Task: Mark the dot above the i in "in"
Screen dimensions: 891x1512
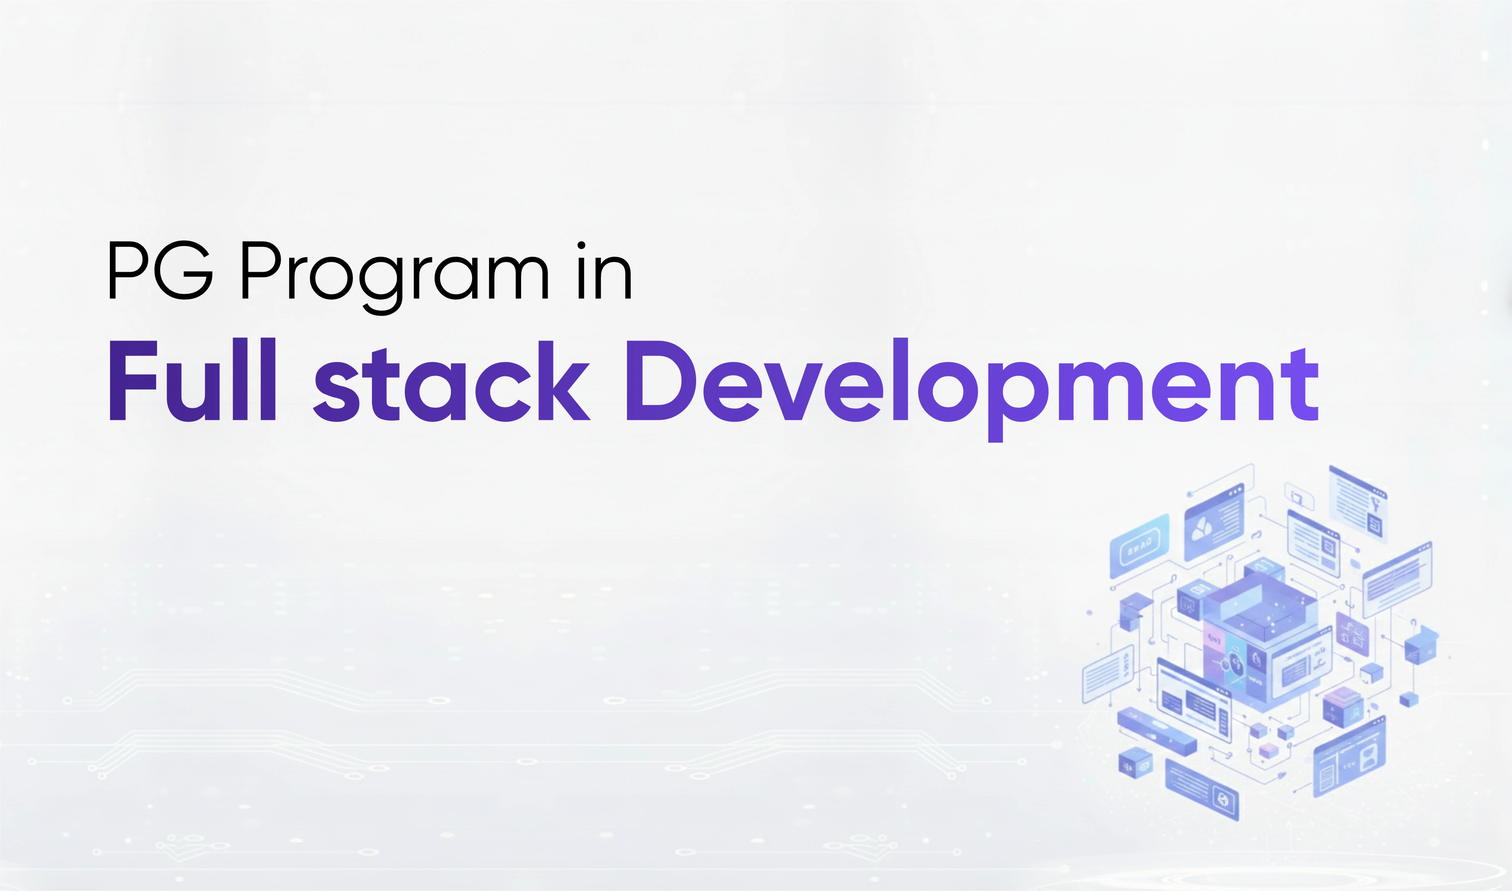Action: [x=581, y=246]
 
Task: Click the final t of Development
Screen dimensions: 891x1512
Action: [x=1302, y=384]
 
